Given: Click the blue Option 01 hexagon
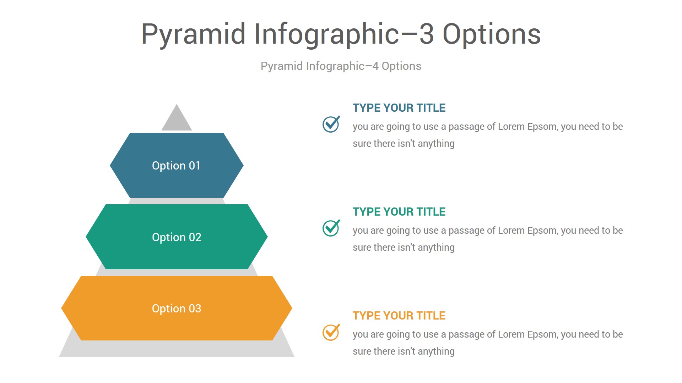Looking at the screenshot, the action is click(x=177, y=165).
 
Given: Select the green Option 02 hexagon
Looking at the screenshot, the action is click(x=177, y=237).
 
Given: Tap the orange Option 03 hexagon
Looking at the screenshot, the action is click(x=177, y=308).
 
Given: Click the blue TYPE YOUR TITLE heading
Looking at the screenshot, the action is click(x=399, y=108).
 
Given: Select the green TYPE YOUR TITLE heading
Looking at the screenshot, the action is click(x=399, y=212).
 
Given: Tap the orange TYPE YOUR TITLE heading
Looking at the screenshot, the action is click(x=399, y=316).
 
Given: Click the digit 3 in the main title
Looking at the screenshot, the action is click(x=426, y=34).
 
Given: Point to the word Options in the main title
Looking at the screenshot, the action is click(x=492, y=35).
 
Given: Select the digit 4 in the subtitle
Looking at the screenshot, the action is click(x=375, y=66).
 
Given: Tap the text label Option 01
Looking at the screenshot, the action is click(x=176, y=166).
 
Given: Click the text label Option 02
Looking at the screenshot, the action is click(x=177, y=237).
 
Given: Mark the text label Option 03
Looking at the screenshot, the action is click(x=177, y=309).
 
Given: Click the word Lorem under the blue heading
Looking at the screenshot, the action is click(x=511, y=127).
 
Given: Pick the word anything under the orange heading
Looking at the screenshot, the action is click(x=436, y=352).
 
